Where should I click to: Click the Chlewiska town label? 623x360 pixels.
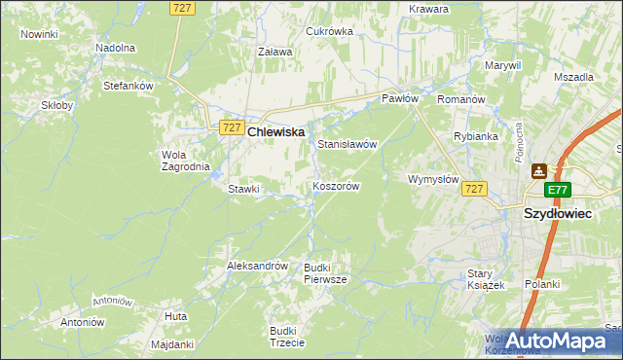click(276, 130)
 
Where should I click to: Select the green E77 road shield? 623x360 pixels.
click(557, 191)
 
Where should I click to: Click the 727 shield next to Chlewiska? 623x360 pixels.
click(231, 127)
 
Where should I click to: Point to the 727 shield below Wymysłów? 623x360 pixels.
click(474, 188)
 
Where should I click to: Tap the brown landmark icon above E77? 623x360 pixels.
click(538, 171)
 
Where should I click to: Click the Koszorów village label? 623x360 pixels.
click(337, 186)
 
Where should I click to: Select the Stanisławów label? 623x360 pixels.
click(347, 144)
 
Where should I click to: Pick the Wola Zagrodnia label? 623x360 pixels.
click(185, 161)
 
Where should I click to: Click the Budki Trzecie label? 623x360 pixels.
click(288, 336)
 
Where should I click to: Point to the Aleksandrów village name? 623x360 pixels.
click(257, 266)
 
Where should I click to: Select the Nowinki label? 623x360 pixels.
click(39, 34)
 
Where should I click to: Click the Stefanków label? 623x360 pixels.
click(128, 86)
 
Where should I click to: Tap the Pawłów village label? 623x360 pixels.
click(399, 99)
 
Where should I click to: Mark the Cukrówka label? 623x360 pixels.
click(329, 31)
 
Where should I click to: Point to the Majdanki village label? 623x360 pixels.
click(173, 344)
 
